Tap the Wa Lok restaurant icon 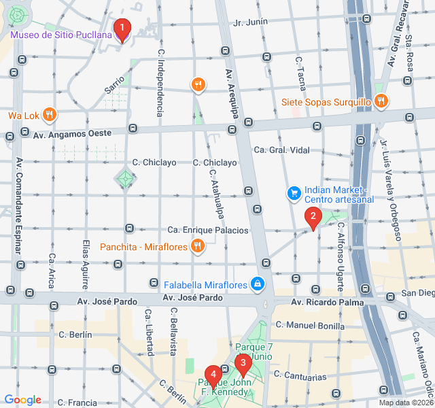click(49, 115)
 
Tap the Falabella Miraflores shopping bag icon click(258, 283)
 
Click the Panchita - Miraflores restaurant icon click(197, 246)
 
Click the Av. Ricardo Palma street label click(327, 302)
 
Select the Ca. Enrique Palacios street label click(208, 231)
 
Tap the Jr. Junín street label click(250, 22)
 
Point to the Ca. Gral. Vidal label click(281, 150)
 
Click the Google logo click(23, 400)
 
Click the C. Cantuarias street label click(300, 376)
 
